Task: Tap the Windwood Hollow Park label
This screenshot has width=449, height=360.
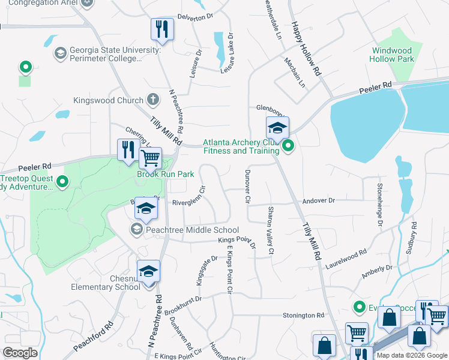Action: point(393,55)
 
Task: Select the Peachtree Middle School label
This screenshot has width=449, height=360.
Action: point(192,230)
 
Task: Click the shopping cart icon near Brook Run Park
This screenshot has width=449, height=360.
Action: point(150,159)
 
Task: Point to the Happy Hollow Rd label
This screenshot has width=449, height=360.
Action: point(306,49)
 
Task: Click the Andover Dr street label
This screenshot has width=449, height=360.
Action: point(318,200)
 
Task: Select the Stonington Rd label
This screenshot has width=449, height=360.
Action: point(304,315)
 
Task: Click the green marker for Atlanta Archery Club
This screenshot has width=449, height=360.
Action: point(289,146)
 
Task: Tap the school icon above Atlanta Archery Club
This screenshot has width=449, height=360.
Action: point(277,128)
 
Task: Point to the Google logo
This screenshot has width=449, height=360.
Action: point(20,352)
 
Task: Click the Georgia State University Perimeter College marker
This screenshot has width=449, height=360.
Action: point(60,54)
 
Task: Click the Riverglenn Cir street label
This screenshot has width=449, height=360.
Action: point(188,203)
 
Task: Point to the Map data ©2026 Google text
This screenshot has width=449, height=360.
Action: point(412,355)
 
